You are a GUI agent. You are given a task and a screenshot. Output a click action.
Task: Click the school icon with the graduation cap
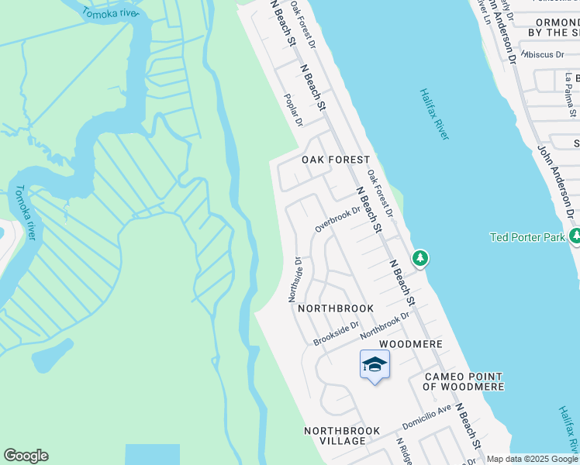click(x=375, y=364)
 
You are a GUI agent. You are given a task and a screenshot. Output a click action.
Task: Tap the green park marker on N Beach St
click(x=419, y=257)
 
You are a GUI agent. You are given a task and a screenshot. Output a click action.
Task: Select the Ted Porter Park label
click(x=527, y=237)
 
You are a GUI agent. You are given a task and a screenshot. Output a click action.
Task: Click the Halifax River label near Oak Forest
click(x=434, y=114)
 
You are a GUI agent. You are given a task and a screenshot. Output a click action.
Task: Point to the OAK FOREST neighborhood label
click(x=335, y=160)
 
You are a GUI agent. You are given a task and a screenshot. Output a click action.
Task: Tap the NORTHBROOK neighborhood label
click(x=336, y=308)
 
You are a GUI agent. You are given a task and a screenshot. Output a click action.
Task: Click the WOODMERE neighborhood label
click(x=410, y=343)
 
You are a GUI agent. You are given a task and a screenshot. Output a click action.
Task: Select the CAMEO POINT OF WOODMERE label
click(x=464, y=381)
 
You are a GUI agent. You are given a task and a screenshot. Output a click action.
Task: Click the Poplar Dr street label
click(x=293, y=110)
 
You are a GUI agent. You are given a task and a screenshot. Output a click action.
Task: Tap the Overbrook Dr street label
click(x=338, y=219)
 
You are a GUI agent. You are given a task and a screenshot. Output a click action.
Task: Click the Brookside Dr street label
click(x=336, y=334)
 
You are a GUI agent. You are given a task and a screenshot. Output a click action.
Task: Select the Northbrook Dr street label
click(x=385, y=325)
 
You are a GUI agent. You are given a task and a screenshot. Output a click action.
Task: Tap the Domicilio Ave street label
click(x=426, y=418)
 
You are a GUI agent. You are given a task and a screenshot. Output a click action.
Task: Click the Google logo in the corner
click(x=26, y=456)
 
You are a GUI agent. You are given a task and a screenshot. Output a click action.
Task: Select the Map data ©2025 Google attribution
click(x=532, y=459)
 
